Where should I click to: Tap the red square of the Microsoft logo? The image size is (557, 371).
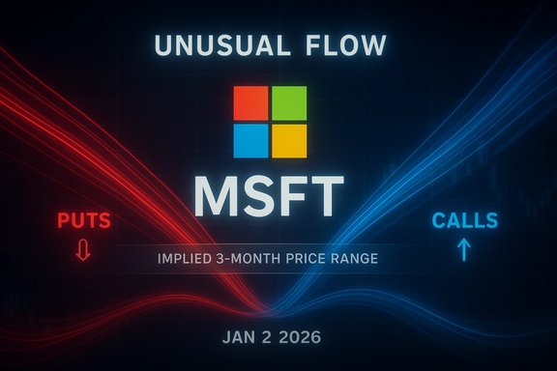[251, 102]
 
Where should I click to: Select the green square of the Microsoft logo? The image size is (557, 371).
[289, 102]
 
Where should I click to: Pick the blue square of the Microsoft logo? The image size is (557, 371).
[251, 140]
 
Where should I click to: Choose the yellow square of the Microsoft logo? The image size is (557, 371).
[289, 140]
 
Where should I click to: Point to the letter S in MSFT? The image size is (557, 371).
[262, 197]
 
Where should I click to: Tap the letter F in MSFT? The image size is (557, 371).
[298, 197]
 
